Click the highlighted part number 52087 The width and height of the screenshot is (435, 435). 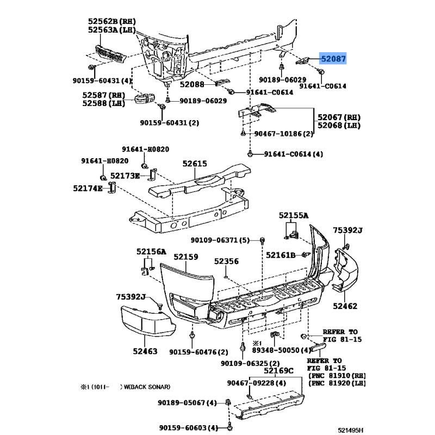tap(332, 59)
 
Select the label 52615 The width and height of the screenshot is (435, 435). tap(195, 163)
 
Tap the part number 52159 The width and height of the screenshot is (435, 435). tap(187, 257)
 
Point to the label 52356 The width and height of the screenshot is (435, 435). tap(226, 262)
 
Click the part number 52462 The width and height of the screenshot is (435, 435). tap(345, 306)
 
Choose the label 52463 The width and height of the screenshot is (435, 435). tap(145, 351)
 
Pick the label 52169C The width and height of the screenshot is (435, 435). tap(278, 371)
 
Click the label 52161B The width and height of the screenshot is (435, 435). tap(280, 255)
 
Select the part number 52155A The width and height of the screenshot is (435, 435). tap(294, 216)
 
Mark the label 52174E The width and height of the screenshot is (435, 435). tap(87, 188)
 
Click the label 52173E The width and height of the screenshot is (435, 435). tap(125, 176)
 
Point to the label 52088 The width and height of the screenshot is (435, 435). tap(191, 84)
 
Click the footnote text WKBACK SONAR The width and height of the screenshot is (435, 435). tap(146, 387)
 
